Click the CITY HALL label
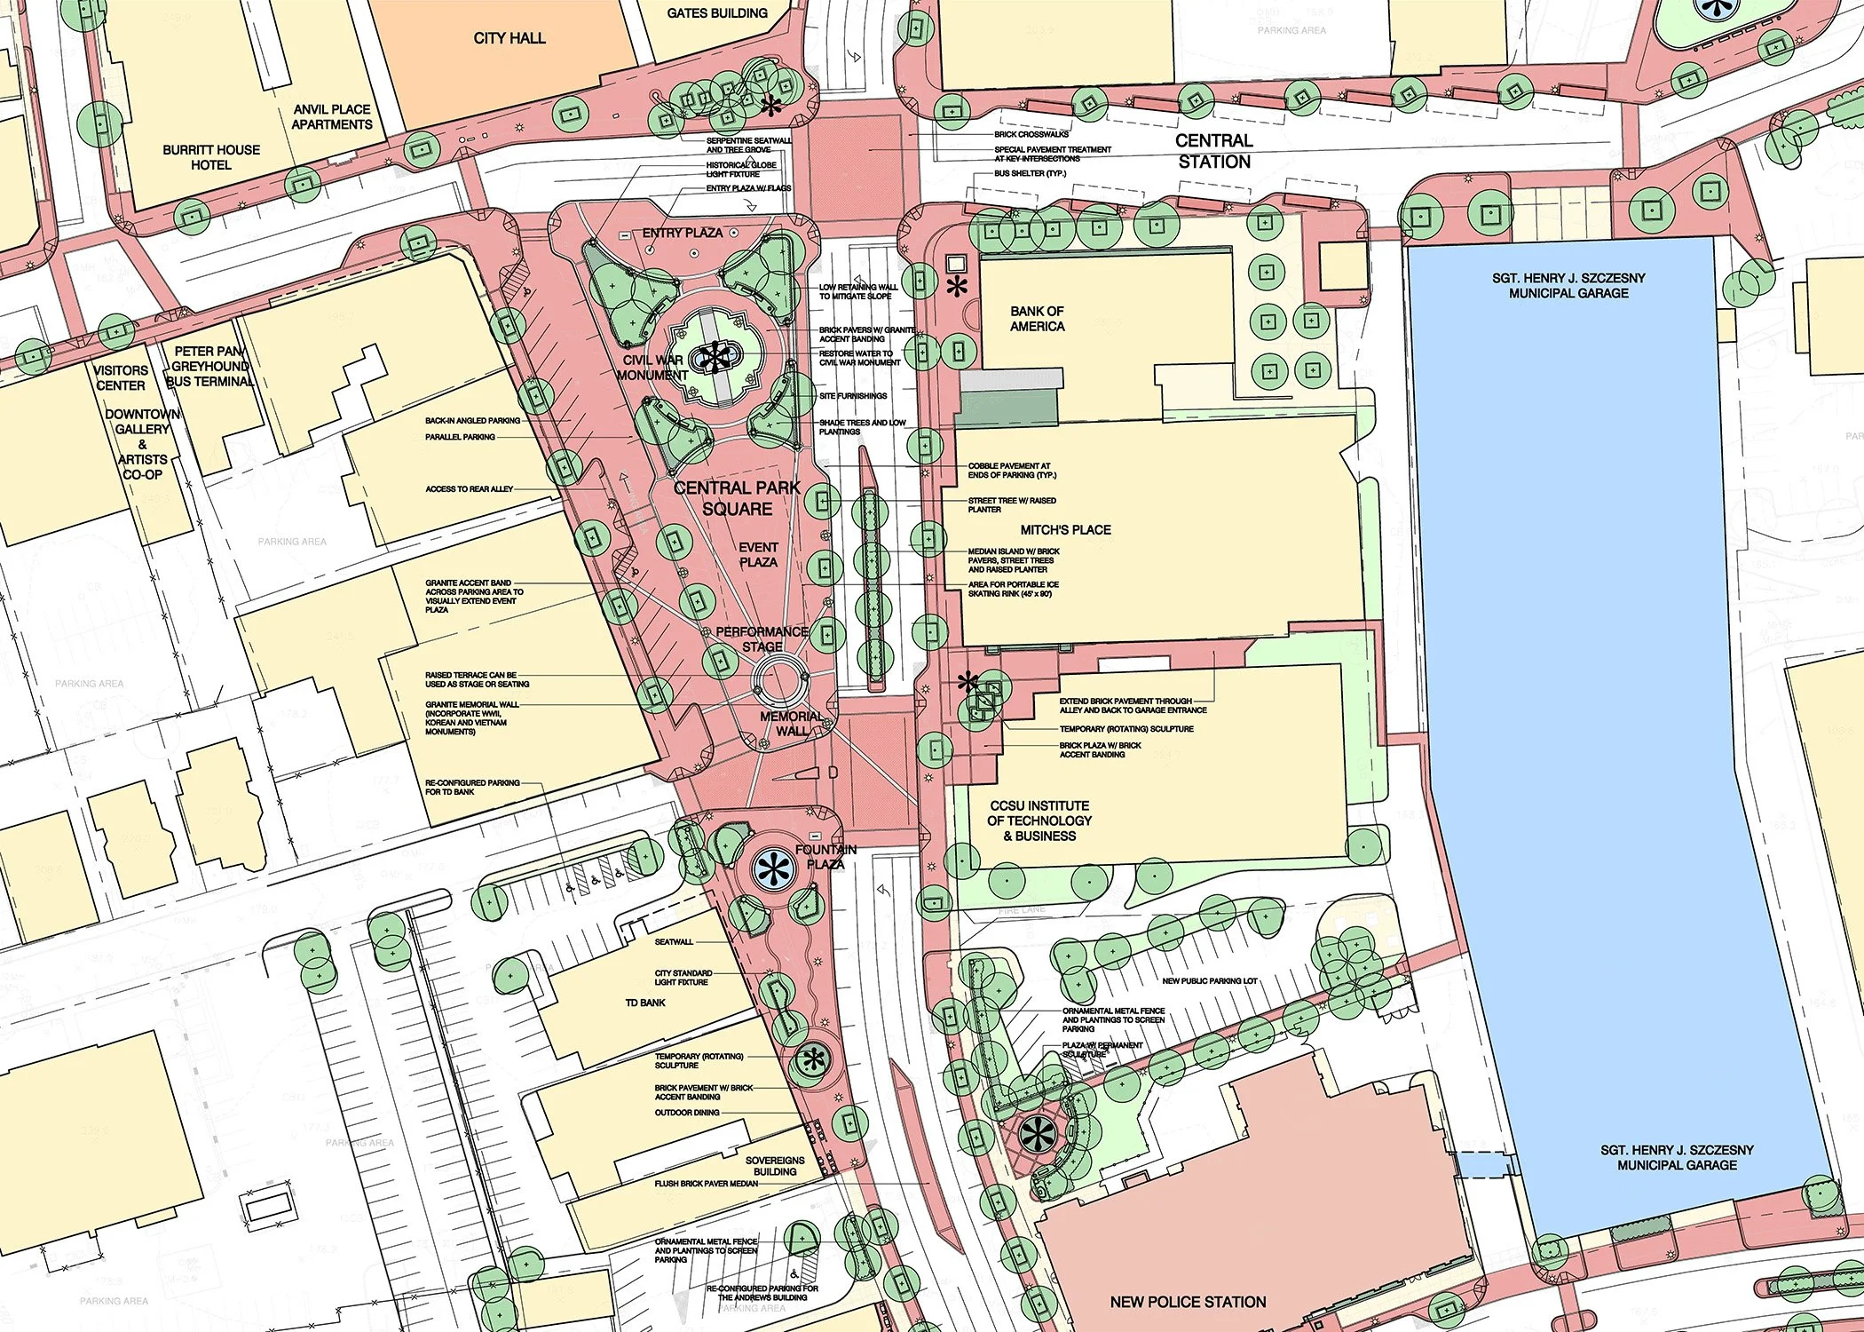[509, 38]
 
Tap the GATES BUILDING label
[717, 13]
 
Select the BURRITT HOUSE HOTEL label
[211, 157]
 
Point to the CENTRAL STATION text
[1214, 151]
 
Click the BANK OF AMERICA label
[1037, 319]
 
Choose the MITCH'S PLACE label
[1065, 530]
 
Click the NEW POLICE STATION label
[1188, 1302]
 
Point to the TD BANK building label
[645, 1003]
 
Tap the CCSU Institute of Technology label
[1039, 821]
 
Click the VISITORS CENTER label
[121, 377]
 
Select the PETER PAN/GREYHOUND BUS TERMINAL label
[210, 366]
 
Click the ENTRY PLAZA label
[682, 233]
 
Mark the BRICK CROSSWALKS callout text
[1031, 135]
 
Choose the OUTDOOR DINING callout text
[687, 1113]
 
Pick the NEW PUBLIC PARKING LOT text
[1210, 981]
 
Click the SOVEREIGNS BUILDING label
[775, 1166]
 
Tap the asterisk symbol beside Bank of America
[956, 287]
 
